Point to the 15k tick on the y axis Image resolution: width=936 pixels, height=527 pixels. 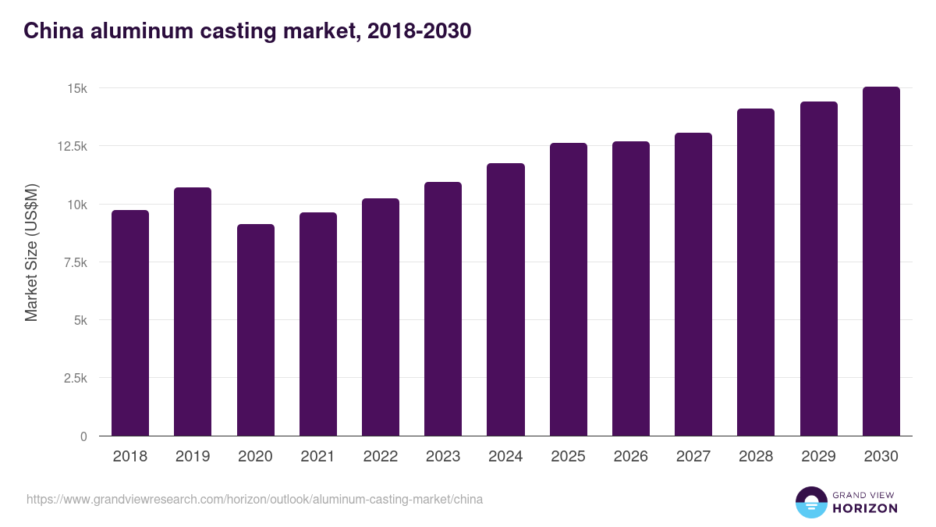[76, 88]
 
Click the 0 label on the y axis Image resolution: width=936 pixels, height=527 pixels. [83, 436]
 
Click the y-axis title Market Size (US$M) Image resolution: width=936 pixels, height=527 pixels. [31, 253]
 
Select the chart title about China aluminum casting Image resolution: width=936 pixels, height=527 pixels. [247, 31]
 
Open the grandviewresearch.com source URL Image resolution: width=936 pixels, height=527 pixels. [254, 499]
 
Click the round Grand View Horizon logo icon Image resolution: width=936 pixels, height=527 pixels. [810, 502]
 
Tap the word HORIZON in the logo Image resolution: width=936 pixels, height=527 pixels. [864, 508]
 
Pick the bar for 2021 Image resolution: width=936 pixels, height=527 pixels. [318, 324]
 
